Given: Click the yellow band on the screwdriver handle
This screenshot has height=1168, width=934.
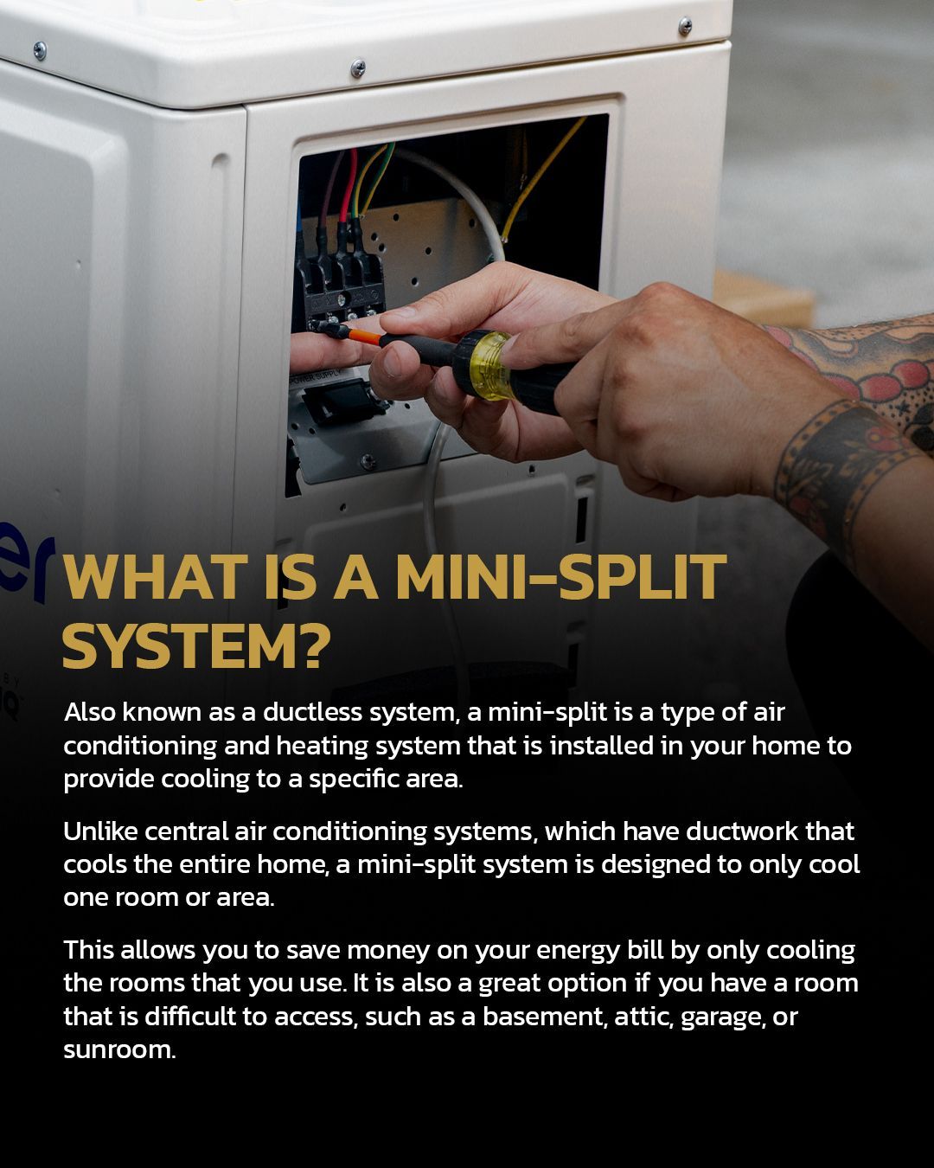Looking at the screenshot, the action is (490, 365).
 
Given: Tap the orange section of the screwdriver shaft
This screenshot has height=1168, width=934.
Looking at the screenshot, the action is (364, 336).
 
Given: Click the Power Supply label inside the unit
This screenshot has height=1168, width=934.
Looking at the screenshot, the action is (316, 377).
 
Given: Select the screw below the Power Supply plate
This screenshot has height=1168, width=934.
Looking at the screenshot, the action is (368, 462).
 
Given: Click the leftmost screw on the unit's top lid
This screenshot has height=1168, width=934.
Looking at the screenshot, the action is (40, 50).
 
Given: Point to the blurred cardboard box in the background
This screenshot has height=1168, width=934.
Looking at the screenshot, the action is (763, 299).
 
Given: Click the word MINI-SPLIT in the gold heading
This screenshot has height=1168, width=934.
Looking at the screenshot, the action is (561, 577).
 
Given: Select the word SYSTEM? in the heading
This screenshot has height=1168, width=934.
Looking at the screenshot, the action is (196, 646).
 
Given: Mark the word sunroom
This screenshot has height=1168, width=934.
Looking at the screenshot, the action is (119, 1049).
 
